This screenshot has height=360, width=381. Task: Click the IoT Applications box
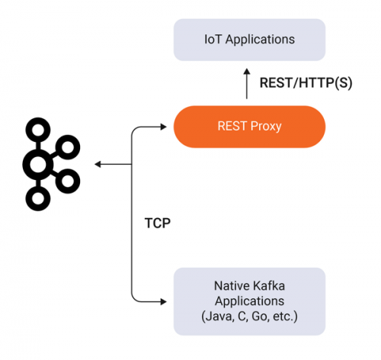click(x=249, y=40)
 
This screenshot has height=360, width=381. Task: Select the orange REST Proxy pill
click(x=249, y=127)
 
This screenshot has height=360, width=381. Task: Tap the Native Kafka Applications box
click(x=249, y=301)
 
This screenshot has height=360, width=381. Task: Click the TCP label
click(x=158, y=223)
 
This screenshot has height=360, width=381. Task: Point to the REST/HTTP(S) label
click(x=306, y=83)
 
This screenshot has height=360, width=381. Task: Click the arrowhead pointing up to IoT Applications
click(x=247, y=72)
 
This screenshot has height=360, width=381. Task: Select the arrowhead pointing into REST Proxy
click(x=164, y=127)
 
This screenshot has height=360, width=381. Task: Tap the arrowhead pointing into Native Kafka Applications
click(x=164, y=302)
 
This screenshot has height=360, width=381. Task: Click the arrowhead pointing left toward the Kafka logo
click(x=98, y=165)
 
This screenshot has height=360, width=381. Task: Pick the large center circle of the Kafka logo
click(x=38, y=164)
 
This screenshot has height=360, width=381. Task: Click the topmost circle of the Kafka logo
click(x=38, y=130)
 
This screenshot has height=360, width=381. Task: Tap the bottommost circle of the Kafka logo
click(x=38, y=198)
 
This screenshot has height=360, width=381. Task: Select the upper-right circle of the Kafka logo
click(x=68, y=147)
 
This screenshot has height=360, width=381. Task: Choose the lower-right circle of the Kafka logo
click(x=68, y=181)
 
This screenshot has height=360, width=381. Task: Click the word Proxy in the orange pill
click(x=266, y=127)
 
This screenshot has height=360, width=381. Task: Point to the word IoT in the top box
click(x=213, y=40)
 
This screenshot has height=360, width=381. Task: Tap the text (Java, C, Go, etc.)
click(x=249, y=317)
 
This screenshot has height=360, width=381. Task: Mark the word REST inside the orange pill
click(x=232, y=127)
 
